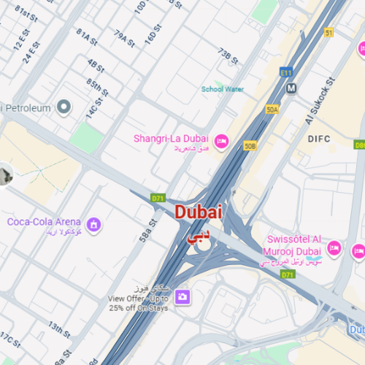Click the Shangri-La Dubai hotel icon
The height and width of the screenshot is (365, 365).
pos(223,139)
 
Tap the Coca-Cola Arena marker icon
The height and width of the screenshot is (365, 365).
pos(93,224)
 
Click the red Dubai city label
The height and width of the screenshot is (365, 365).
pos(199,212)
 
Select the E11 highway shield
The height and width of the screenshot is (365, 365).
pos(285,72)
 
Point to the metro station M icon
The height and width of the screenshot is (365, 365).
pos(292,88)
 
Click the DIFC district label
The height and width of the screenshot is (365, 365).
pos(320,138)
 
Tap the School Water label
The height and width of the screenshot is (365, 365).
pos(223,89)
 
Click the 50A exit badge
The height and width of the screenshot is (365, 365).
pos(272,109)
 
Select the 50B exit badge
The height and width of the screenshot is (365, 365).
pos(250,146)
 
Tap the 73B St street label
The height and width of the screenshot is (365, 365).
pos(228,56)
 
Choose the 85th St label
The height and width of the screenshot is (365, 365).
pos(97,88)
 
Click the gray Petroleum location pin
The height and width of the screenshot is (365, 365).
pos(64,108)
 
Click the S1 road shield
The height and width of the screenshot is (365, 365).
pos(329,33)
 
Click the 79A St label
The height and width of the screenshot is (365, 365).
pos(124,39)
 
